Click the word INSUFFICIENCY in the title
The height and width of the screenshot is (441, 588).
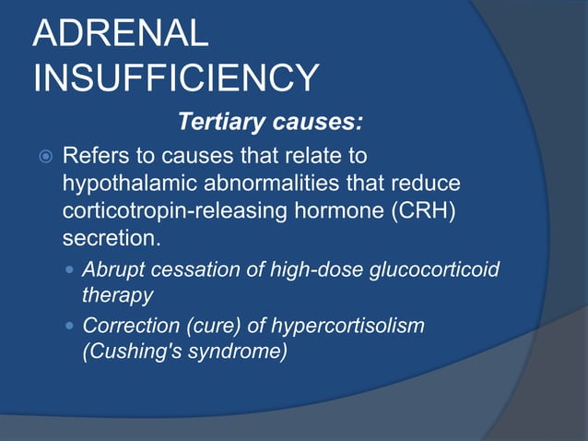176,78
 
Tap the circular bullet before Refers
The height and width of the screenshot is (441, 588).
41,155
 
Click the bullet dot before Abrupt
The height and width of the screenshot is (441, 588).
72,269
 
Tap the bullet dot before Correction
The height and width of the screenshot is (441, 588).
72,326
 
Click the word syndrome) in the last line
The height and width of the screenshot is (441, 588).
235,351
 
